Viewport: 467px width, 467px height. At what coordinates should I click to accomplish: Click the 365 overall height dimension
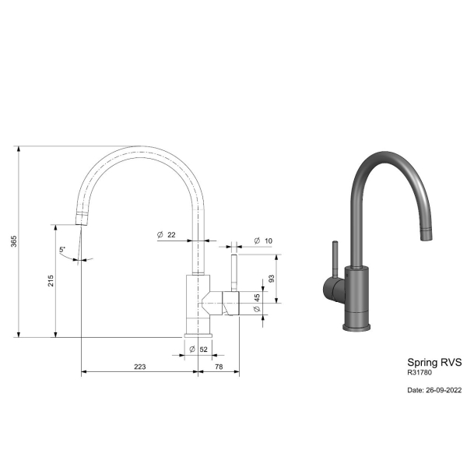[x=14, y=241]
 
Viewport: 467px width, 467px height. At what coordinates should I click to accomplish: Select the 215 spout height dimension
[x=51, y=281]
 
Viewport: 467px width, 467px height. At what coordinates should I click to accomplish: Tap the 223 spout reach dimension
[x=139, y=367]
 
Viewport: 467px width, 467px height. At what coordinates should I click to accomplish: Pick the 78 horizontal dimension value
[x=219, y=367]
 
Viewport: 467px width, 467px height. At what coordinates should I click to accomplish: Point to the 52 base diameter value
[x=203, y=349]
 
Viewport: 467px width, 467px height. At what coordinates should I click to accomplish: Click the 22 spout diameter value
[x=171, y=235]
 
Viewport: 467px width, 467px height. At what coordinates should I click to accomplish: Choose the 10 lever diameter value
[x=269, y=241]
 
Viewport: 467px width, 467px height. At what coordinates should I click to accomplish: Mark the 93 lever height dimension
[x=272, y=279]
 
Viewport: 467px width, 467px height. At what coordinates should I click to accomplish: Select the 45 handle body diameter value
[x=257, y=297]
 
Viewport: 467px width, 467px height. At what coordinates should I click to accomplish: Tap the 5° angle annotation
[x=62, y=250]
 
